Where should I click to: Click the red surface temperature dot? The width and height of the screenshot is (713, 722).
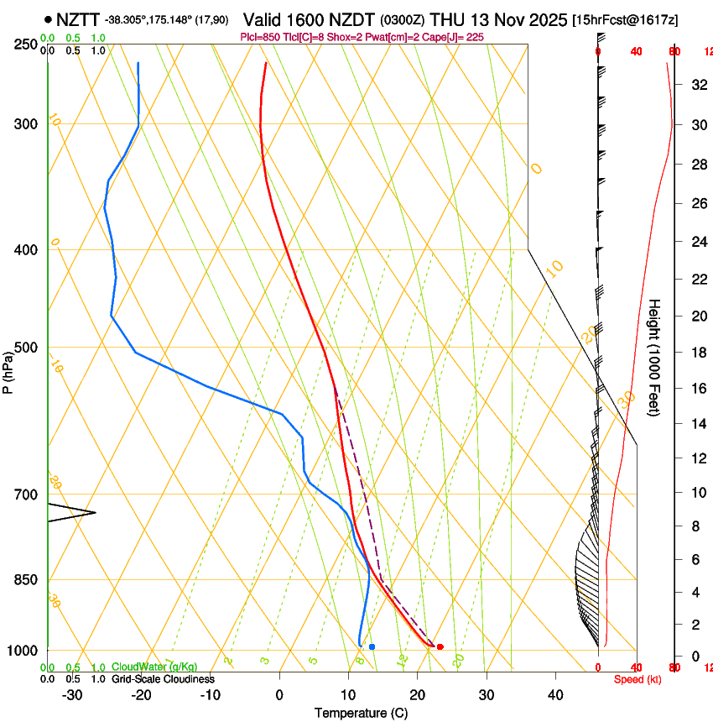(440, 646)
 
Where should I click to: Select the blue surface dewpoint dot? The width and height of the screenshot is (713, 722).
(372, 646)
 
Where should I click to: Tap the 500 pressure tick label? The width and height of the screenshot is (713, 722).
(26, 348)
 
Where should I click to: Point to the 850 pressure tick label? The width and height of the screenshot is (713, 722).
(26, 580)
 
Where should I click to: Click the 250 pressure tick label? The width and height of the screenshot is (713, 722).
(26, 44)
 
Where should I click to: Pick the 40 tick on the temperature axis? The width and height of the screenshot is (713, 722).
(554, 695)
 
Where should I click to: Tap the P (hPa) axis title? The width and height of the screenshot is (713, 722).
(8, 369)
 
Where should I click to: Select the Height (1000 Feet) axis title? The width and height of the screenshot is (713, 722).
(655, 357)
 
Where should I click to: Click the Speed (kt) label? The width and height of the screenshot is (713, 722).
(638, 679)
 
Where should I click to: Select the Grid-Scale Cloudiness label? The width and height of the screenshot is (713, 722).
(163, 679)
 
